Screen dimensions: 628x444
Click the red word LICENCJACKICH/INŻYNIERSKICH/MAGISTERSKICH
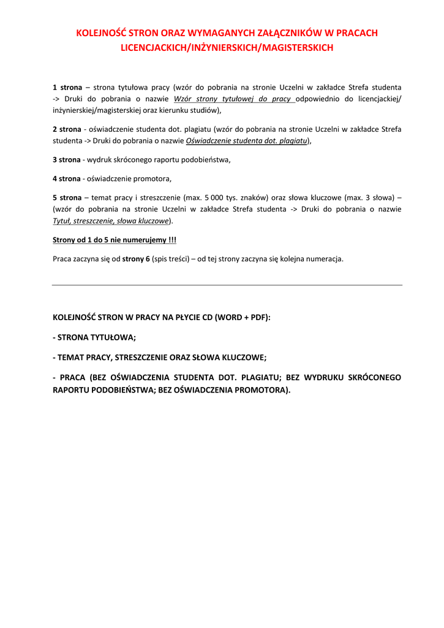point(227,47)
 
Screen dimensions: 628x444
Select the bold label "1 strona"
point(67,88)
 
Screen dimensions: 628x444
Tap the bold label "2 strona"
point(67,129)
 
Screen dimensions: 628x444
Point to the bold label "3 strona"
point(67,159)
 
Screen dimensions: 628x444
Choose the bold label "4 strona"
point(67,179)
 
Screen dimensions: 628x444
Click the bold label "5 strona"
point(67,198)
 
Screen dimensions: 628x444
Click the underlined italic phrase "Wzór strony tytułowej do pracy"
point(233,99)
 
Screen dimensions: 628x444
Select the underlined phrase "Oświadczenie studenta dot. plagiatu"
point(246,140)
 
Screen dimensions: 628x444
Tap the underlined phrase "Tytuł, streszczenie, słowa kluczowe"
point(111,220)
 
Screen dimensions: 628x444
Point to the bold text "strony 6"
point(136,259)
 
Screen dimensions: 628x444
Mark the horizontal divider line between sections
point(227,285)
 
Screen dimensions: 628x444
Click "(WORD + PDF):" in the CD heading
point(243,317)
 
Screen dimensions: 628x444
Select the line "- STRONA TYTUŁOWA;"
point(94,337)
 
